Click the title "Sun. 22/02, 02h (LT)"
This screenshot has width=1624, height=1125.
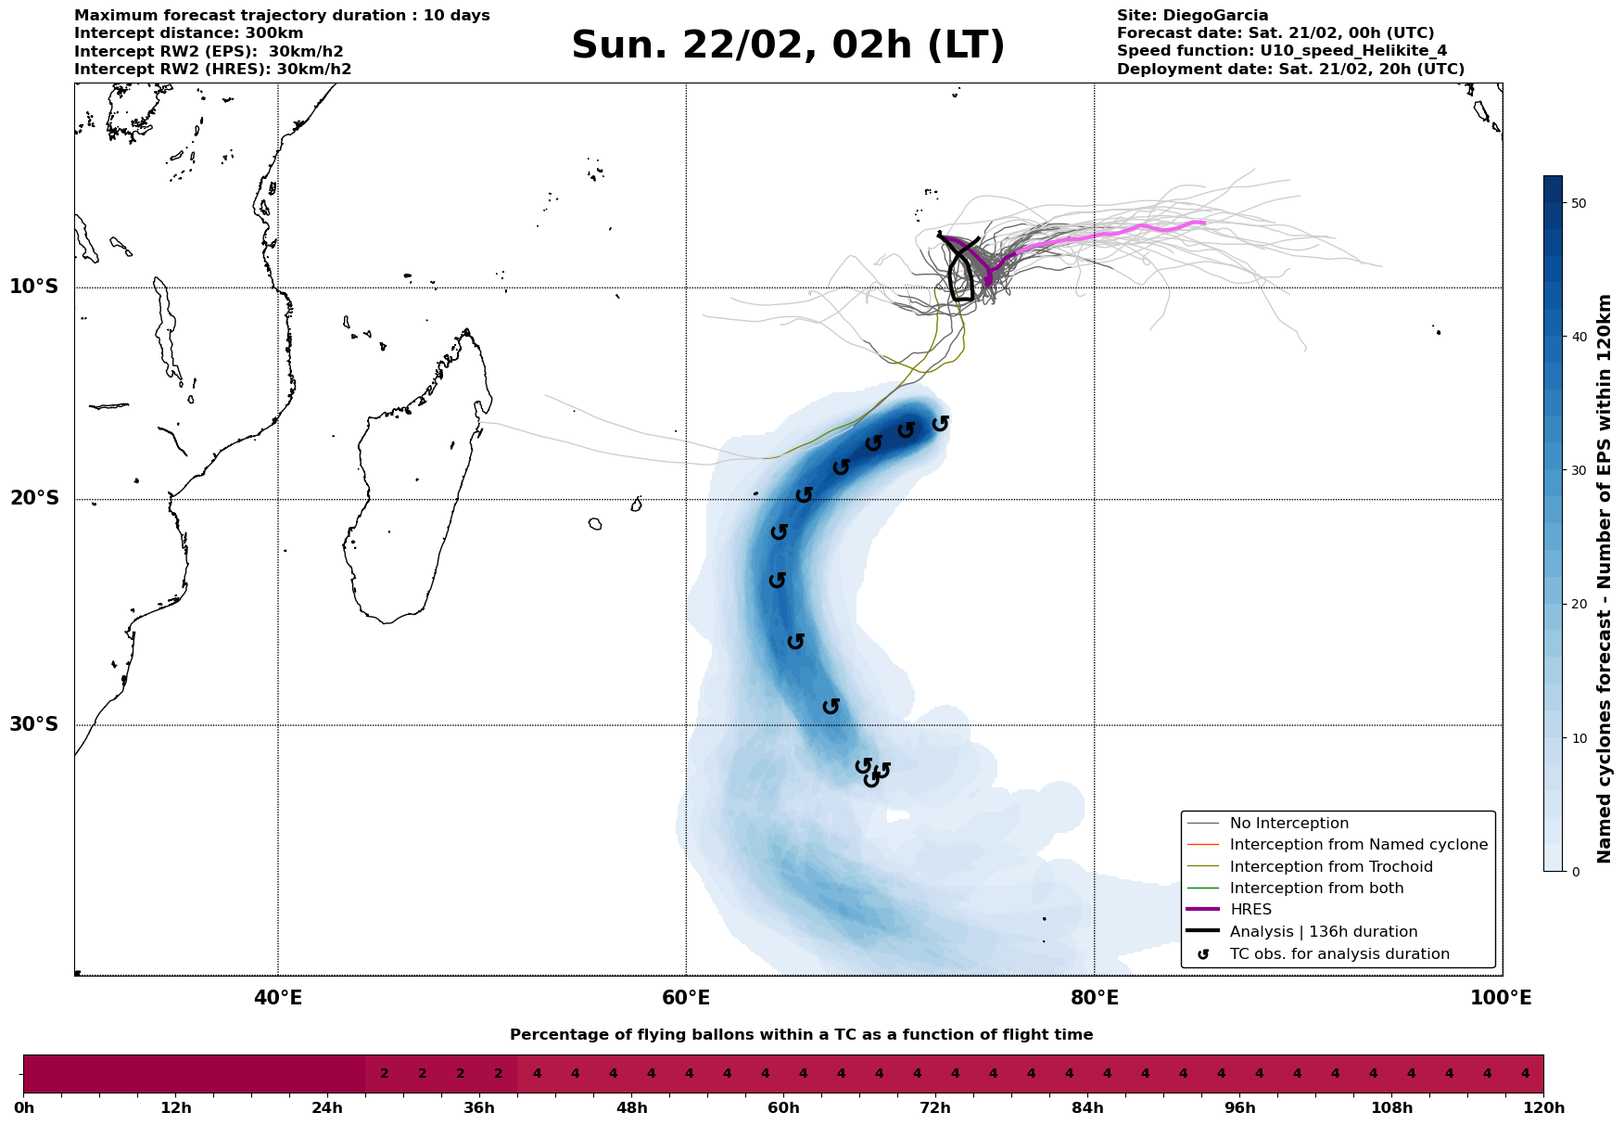click(788, 45)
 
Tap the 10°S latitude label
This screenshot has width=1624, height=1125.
click(34, 287)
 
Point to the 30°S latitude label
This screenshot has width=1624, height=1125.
click(34, 724)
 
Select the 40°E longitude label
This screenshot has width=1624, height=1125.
click(278, 999)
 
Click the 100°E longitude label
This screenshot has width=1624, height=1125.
click(1502, 999)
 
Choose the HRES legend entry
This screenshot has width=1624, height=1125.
click(1250, 910)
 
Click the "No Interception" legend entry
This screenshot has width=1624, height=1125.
click(1288, 824)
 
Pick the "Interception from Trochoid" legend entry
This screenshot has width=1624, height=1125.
click(1331, 867)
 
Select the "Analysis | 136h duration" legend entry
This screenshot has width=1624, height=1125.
click(1324, 932)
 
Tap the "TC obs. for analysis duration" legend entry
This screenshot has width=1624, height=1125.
click(1339, 954)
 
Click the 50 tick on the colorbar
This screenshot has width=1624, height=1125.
click(1576, 203)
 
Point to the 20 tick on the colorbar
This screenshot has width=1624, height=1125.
click(1576, 605)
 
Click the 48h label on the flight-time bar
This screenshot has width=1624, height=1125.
click(631, 1108)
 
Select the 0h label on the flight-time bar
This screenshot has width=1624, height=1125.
click(23, 1108)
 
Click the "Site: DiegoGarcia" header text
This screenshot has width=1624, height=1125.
click(1192, 16)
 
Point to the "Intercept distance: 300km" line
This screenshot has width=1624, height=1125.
click(188, 33)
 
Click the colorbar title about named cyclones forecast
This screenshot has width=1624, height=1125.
click(1605, 579)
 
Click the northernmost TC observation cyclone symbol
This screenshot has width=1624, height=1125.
click(940, 424)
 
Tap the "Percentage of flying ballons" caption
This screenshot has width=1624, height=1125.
click(801, 1035)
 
